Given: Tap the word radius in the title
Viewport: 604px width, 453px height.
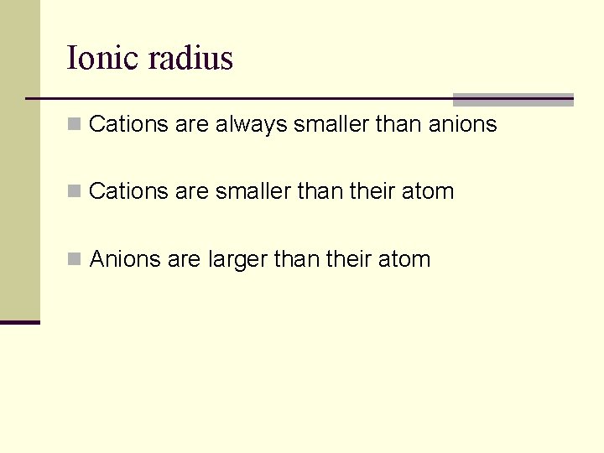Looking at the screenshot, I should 190,58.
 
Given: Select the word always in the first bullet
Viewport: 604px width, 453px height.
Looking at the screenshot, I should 251,125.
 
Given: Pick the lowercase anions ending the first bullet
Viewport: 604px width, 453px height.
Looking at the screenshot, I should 462,125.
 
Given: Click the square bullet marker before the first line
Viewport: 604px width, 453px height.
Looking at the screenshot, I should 75,125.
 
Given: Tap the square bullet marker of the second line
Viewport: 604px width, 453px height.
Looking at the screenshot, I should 75,192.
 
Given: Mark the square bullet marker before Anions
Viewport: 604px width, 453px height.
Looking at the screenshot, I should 75,259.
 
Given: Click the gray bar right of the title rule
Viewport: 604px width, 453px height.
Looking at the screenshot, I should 513,99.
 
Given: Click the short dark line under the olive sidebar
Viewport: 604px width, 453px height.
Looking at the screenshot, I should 20,322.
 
